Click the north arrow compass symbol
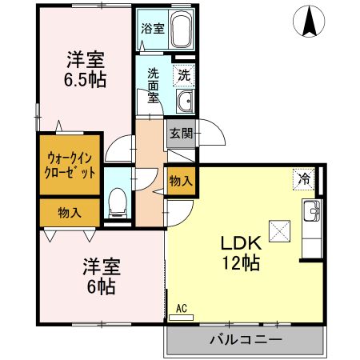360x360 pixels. pos(308,22)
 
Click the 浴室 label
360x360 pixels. pos(152,27)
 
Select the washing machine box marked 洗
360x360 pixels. pos(183,75)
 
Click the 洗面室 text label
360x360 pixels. pos(154,84)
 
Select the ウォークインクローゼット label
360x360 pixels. pos(70,166)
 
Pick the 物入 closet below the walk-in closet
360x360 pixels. pos(70,213)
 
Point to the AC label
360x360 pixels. pos(181,306)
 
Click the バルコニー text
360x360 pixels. pos(246,339)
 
